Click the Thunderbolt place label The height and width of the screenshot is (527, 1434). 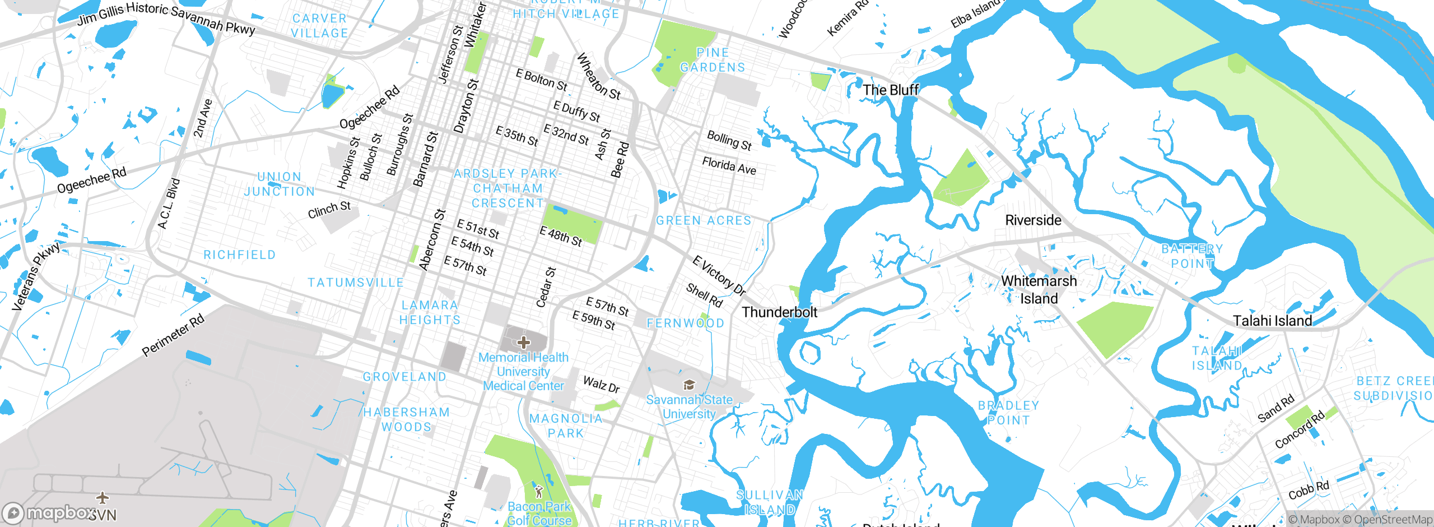779,312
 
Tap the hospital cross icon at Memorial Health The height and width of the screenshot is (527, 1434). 524,342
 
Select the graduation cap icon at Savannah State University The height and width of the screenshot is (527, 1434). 689,385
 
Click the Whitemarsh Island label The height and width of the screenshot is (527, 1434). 1039,289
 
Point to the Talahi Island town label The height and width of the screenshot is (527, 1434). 1272,321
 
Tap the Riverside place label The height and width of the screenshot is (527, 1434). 1033,220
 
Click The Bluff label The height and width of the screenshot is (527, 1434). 891,90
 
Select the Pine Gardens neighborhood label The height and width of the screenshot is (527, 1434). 713,60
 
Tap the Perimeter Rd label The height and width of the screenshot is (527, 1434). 173,336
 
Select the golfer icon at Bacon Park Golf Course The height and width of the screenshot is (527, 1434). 539,492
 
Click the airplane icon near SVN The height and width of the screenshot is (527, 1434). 102,497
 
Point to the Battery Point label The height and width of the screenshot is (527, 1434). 1192,256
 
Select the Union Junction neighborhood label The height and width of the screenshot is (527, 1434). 280,184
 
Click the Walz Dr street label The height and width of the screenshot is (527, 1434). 601,385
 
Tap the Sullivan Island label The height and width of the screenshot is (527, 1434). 770,502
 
